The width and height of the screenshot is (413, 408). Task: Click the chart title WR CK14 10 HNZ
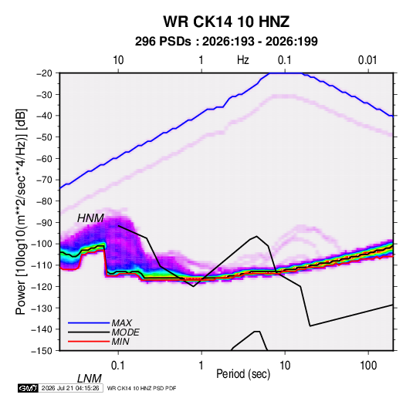click(x=226, y=22)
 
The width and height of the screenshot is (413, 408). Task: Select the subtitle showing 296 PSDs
click(x=226, y=42)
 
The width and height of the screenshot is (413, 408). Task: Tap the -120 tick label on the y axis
click(x=42, y=286)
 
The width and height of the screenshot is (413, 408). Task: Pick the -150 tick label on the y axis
click(x=42, y=351)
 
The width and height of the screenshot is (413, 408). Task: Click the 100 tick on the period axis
click(x=368, y=366)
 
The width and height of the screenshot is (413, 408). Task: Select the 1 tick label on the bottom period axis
click(x=201, y=366)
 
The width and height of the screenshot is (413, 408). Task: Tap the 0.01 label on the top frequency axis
click(x=367, y=60)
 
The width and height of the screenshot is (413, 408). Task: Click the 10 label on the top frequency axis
click(x=118, y=60)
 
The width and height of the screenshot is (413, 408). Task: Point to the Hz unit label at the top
click(x=243, y=60)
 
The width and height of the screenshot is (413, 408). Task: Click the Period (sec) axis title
click(x=243, y=374)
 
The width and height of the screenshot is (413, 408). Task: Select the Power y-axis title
click(x=21, y=211)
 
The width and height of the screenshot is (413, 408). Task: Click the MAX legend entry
click(x=121, y=323)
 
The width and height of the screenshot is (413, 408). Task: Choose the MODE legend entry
click(x=125, y=332)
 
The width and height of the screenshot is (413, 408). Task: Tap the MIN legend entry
click(x=120, y=342)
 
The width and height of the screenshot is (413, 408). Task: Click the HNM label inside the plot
click(x=90, y=218)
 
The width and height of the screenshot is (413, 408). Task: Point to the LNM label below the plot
click(x=90, y=379)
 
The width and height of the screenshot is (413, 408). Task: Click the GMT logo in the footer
click(x=28, y=388)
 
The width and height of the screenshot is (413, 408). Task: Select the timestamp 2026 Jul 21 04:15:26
click(x=70, y=388)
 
